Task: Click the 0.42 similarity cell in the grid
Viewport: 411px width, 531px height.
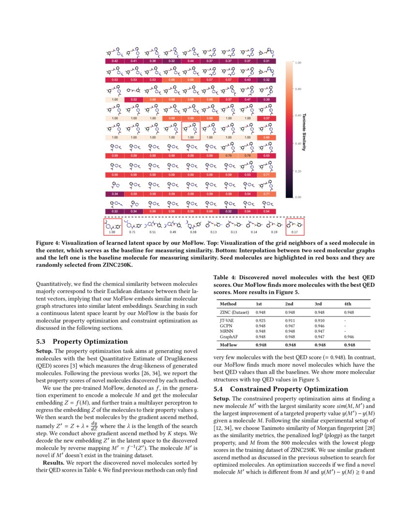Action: pyautogui.click(x=115, y=61)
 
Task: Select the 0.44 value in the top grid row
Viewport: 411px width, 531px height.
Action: pyautogui.click(x=191, y=61)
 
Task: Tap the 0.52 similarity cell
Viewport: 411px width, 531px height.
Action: pyautogui.click(x=133, y=99)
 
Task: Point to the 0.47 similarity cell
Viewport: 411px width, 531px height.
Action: pyautogui.click(x=248, y=99)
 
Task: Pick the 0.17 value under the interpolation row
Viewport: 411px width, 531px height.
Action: pyautogui.click(x=294, y=232)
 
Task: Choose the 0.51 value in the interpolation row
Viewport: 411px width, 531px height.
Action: pyautogui.click(x=152, y=232)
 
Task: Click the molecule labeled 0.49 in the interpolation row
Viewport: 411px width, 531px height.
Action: pyautogui.click(x=172, y=224)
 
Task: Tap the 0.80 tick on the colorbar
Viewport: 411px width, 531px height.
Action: pyautogui.click(x=298, y=89)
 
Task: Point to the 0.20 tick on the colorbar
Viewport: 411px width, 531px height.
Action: pyautogui.click(x=298, y=171)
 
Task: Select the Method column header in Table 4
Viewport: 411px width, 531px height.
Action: pyautogui.click(x=228, y=304)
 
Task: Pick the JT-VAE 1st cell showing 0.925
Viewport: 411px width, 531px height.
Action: pyautogui.click(x=260, y=321)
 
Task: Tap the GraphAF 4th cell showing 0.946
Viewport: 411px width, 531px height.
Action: pyautogui.click(x=348, y=336)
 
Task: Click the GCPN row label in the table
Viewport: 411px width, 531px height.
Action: pyautogui.click(x=226, y=326)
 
